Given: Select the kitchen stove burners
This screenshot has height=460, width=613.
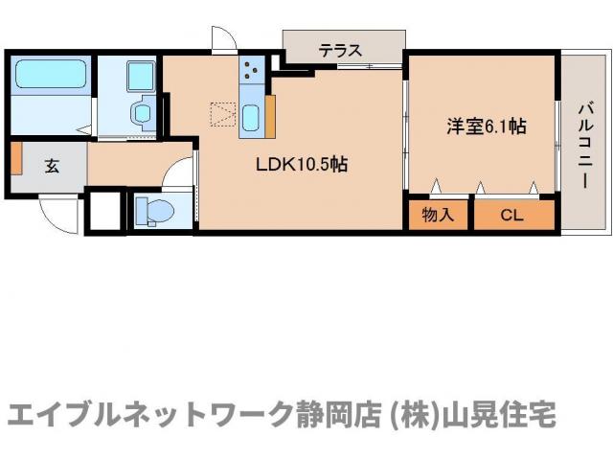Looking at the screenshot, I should click(x=251, y=68).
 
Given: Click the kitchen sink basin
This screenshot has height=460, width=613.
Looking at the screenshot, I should click(x=251, y=118).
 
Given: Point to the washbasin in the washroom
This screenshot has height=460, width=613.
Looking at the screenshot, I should click(x=143, y=114).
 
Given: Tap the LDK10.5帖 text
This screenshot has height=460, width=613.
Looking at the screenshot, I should click(x=301, y=164).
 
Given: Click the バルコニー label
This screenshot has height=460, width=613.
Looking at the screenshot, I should click(x=583, y=144).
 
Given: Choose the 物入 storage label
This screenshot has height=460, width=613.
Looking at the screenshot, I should click(x=438, y=215).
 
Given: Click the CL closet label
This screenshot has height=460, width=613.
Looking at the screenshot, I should click(x=512, y=215).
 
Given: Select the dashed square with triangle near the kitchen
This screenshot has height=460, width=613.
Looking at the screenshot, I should click(x=223, y=114).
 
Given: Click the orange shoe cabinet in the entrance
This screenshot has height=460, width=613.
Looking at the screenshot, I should click(x=16, y=158).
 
